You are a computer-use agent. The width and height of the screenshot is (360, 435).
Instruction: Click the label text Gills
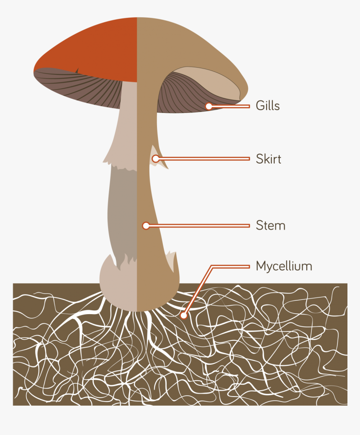[267, 106]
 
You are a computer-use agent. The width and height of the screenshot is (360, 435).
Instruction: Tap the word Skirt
[268, 159]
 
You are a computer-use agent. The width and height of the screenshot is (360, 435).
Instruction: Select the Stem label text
[270, 226]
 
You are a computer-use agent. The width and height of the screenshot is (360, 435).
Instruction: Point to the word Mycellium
[284, 266]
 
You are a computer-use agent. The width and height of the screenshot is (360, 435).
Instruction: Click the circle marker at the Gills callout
[209, 106]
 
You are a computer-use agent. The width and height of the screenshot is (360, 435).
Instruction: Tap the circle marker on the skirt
[155, 159]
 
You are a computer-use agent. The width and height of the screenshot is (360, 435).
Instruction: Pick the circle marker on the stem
[146, 226]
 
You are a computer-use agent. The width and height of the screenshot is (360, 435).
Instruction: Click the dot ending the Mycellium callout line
[183, 316]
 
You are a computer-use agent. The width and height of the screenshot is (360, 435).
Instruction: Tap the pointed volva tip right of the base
[172, 259]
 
